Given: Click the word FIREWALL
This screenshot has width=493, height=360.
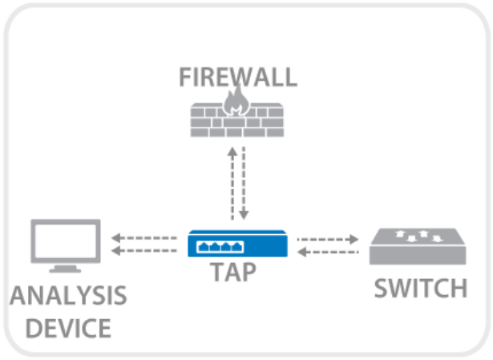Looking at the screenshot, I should [x=238, y=78].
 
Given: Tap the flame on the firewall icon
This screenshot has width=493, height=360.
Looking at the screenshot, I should [x=237, y=103].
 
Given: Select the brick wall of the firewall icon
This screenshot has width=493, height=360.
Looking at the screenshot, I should [x=237, y=120].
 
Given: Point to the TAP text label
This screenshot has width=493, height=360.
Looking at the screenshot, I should [x=234, y=273].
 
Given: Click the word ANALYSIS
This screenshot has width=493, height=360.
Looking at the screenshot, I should [x=68, y=297].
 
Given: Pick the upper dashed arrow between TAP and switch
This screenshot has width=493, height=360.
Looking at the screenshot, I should [x=327, y=238].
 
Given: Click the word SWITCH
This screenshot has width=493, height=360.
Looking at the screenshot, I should [x=419, y=289].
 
